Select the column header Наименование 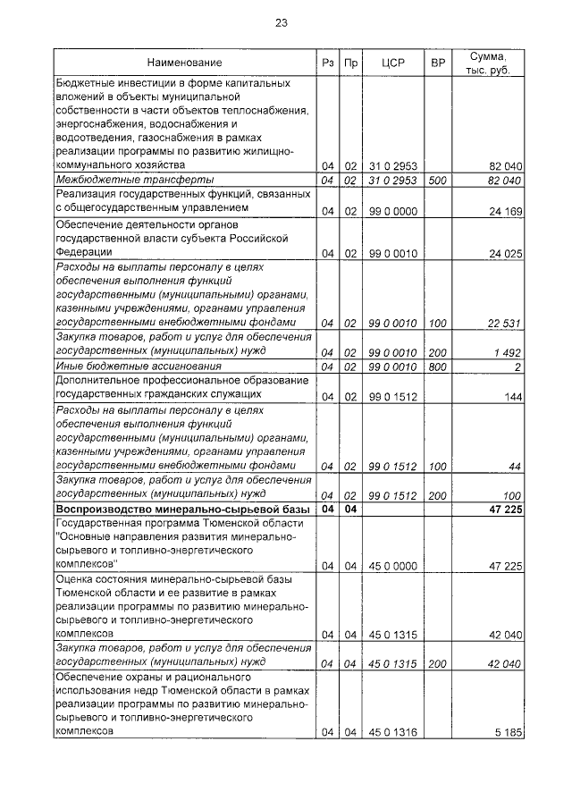point(185,63)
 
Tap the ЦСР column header point(393,63)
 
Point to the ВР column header point(438,63)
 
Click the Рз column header point(327,63)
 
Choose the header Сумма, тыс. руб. point(490,63)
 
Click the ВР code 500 point(437,180)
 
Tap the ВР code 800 point(437,367)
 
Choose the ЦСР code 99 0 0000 point(393,211)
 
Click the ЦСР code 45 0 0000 point(393,565)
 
